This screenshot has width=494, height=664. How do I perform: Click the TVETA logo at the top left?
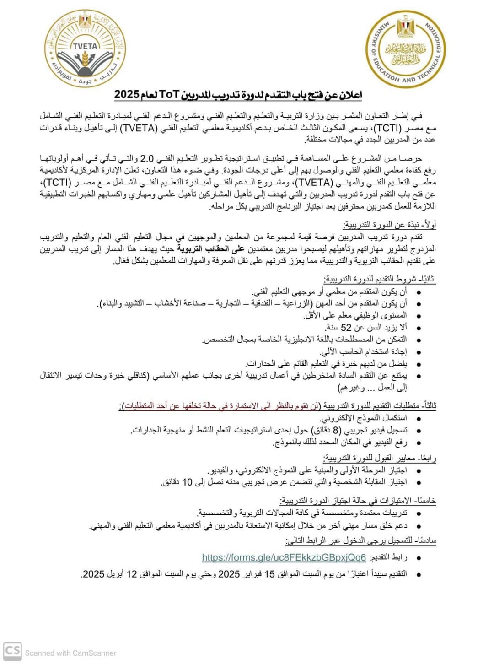point(85,49)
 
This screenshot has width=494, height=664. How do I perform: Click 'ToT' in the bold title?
point(169,95)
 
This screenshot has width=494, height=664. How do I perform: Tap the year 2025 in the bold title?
point(127,95)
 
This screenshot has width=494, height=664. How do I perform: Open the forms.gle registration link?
point(284,557)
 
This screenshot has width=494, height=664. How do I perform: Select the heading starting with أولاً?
point(389,225)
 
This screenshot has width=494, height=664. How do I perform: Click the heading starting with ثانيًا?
point(380,279)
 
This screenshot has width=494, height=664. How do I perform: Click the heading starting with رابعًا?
point(379,458)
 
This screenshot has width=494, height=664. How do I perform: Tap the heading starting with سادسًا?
point(361,541)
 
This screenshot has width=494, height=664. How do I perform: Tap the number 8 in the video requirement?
point(337,430)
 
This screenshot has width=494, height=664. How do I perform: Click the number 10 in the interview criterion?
point(187,482)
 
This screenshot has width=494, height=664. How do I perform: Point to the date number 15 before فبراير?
point(270,574)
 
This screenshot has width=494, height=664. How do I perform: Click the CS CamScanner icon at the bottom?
point(12,651)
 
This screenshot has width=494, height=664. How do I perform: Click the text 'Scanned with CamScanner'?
point(70,653)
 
